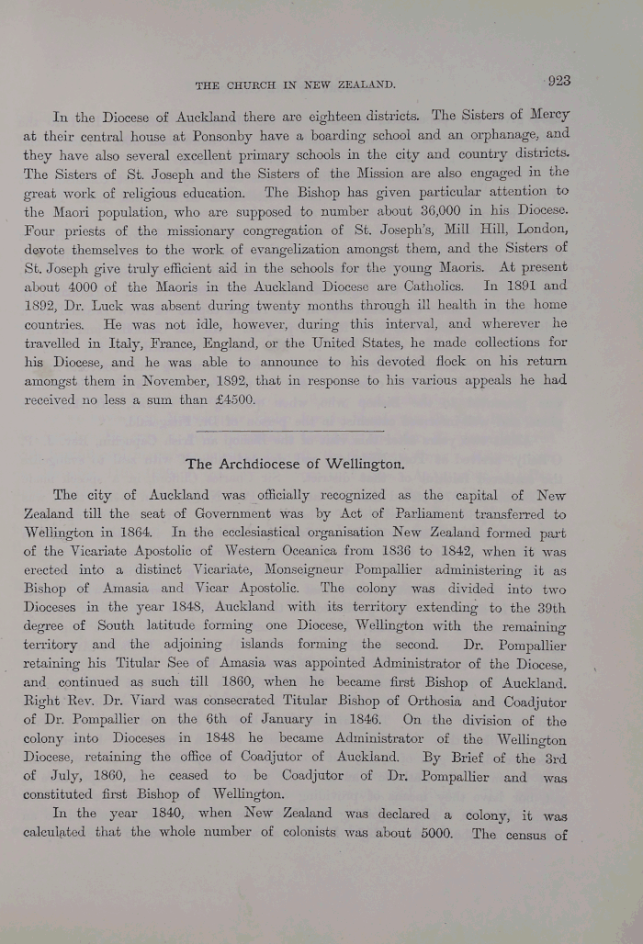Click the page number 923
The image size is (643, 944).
coord(558,81)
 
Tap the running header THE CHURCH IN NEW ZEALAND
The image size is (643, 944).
coord(295,85)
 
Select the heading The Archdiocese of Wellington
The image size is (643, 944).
coord(294,464)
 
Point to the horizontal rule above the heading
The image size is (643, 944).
coord(290,430)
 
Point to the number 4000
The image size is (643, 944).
coord(71,287)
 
